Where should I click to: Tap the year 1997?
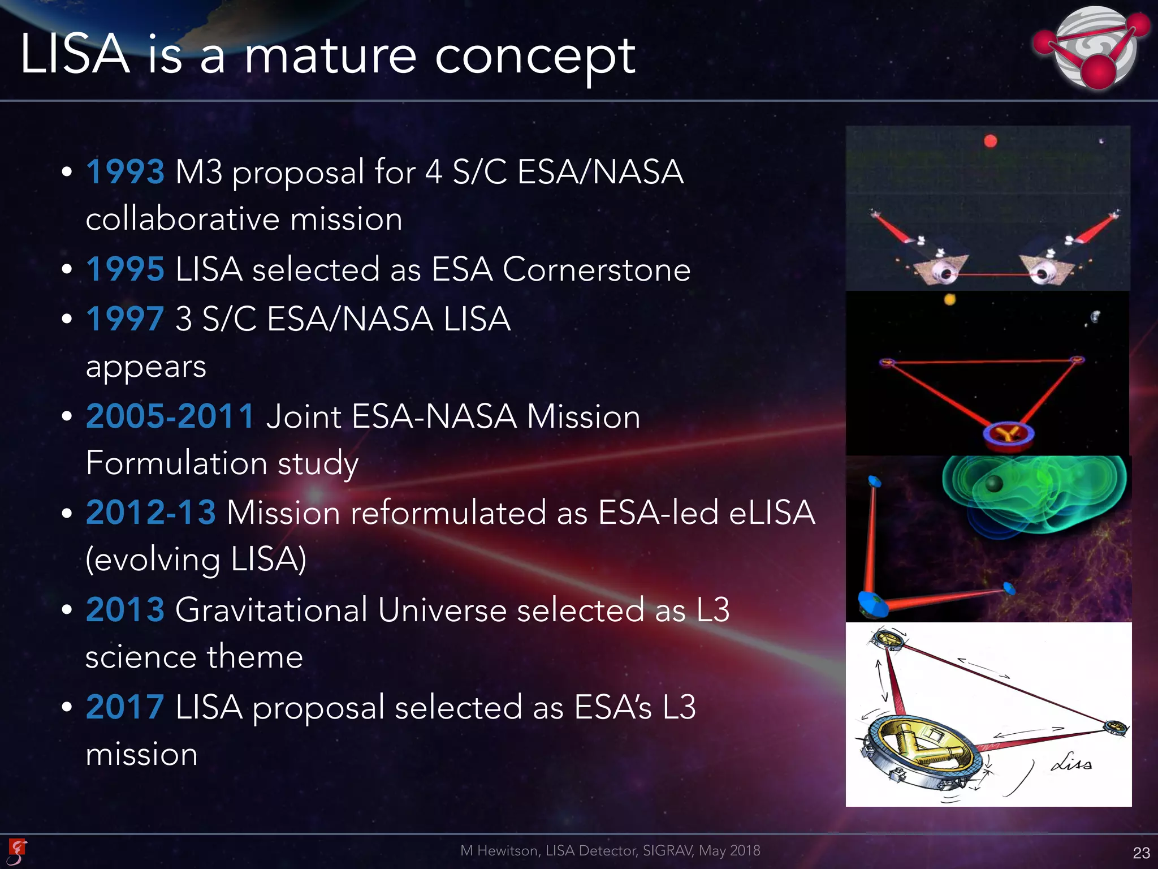coord(125,319)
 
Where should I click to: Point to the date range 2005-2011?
coord(170,416)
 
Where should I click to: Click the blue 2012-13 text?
coord(150,513)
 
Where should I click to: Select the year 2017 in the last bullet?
coord(125,707)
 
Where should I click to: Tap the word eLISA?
coord(772,513)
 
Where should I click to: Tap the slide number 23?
coord(1141,853)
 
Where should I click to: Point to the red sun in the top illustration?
coord(990,141)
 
